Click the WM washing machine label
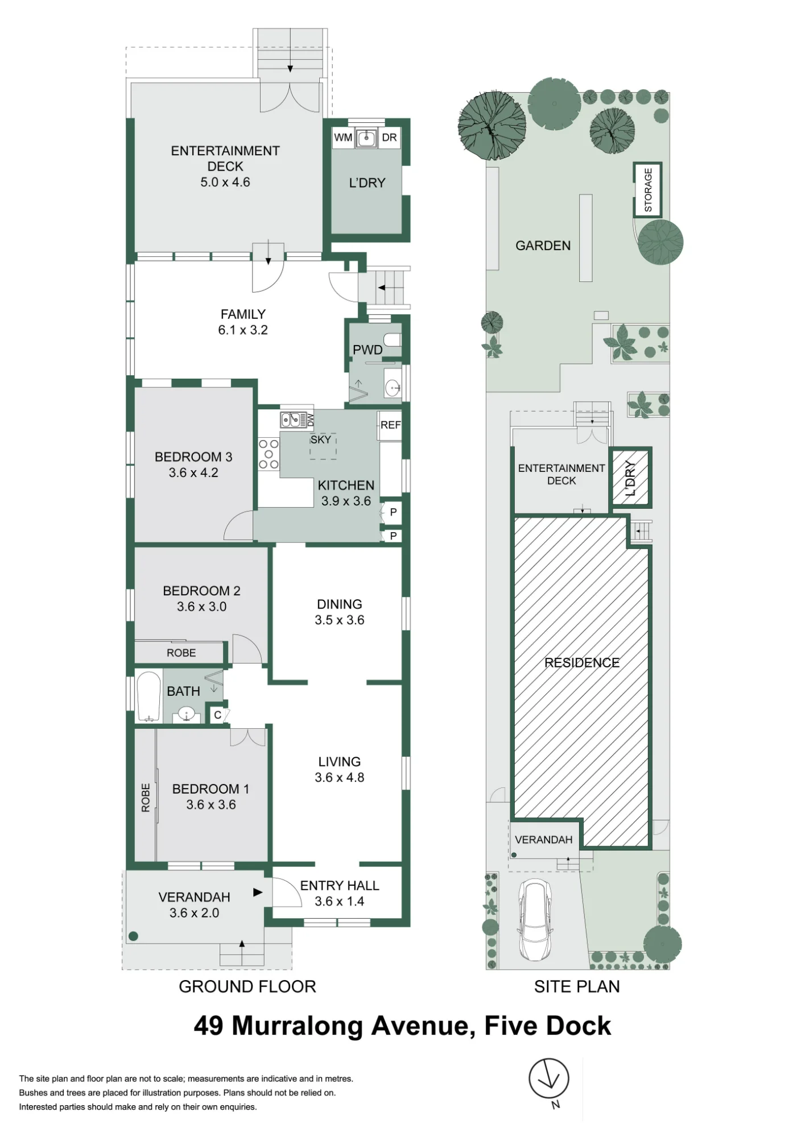[343, 138]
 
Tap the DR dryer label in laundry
[389, 138]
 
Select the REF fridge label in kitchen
[390, 425]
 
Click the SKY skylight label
[321, 439]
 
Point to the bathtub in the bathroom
[150, 698]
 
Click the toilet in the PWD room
[392, 340]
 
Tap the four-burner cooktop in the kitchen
[269, 454]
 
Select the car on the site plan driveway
[534, 919]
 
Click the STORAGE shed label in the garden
[648, 190]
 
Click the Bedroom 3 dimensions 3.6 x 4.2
[193, 472]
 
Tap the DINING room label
[340, 604]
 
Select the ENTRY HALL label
[340, 885]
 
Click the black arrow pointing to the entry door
[258, 892]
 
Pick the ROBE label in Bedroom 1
[146, 798]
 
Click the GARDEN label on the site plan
[543, 246]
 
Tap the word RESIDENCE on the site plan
[582, 662]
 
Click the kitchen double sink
[293, 420]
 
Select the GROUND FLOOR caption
[247, 986]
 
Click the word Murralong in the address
[298, 1026]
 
